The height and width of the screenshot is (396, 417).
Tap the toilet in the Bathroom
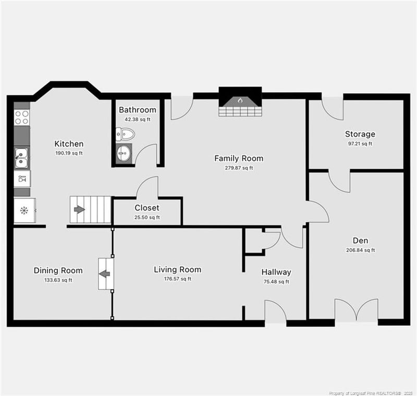(x=125, y=135)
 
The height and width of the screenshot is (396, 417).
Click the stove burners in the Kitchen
(x=22, y=117)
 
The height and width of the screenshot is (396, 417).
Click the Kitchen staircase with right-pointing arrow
(x=90, y=209)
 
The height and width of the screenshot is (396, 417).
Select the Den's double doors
(x=356, y=310)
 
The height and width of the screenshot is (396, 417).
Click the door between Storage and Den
(x=339, y=181)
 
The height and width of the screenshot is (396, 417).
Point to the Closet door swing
(x=148, y=188)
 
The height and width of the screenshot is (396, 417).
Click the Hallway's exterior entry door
(x=275, y=312)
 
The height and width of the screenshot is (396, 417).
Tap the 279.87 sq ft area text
(x=239, y=168)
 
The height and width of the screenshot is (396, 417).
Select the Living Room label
(x=177, y=270)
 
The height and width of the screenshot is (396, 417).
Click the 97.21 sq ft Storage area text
(x=360, y=144)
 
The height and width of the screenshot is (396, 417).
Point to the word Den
(x=360, y=240)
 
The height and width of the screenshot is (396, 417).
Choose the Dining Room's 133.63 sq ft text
(x=58, y=280)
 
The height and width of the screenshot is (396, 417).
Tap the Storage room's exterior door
(x=332, y=107)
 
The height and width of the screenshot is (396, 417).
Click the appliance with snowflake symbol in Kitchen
(x=24, y=210)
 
